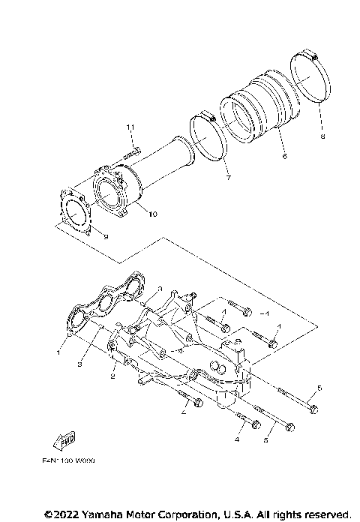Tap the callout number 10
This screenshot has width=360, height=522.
click(152, 214)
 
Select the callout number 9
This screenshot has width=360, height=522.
click(106, 237)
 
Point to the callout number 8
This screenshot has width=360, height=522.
click(322, 137)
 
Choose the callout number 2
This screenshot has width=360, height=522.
click(112, 377)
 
